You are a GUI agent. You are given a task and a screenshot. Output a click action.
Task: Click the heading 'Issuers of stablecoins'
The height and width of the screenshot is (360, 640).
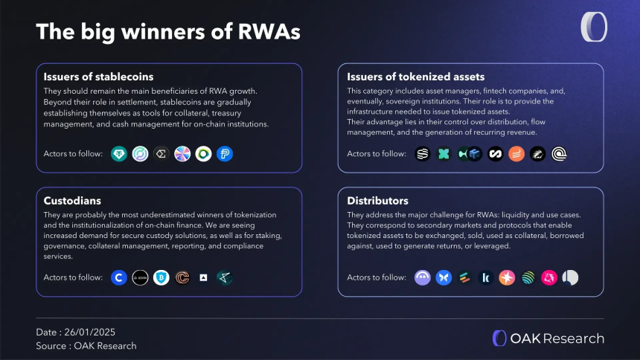(99, 77)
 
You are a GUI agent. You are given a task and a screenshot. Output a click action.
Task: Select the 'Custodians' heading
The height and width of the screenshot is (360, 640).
(74, 201)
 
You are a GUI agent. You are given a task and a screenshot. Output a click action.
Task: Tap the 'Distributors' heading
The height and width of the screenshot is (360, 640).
(377, 201)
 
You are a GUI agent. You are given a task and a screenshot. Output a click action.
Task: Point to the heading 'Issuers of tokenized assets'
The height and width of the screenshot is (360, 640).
(416, 77)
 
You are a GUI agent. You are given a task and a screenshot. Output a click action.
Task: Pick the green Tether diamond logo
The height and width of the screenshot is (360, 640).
(119, 154)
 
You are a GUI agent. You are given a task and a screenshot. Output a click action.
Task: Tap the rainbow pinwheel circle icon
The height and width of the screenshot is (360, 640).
(182, 154)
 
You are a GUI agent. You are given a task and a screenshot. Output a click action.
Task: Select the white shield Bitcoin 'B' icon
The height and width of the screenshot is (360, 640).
(161, 277)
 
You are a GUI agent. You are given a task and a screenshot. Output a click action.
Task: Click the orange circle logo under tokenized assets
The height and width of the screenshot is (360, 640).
(516, 154)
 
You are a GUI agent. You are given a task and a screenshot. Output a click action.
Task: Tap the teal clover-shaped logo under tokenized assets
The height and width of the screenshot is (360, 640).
(444, 154)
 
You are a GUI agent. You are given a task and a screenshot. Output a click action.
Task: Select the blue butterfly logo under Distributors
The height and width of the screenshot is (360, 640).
(444, 277)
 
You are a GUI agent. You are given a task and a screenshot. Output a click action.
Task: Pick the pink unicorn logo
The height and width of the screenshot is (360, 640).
(549, 277)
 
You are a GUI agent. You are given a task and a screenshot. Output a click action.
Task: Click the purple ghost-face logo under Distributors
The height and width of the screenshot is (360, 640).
(423, 277)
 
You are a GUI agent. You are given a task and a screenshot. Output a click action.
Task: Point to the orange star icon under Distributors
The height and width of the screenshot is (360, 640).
(507, 277)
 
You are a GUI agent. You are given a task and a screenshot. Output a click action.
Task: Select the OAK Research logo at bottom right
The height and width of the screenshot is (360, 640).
(548, 338)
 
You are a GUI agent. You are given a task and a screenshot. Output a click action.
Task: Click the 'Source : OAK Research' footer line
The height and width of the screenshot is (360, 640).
(86, 346)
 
